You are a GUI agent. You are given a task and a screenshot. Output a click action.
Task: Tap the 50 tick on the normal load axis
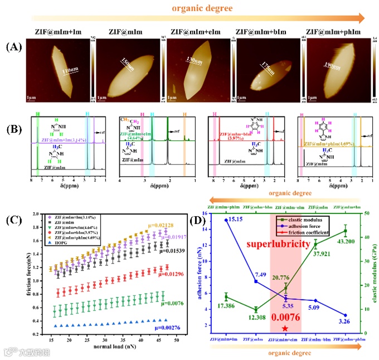point(177,339)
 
